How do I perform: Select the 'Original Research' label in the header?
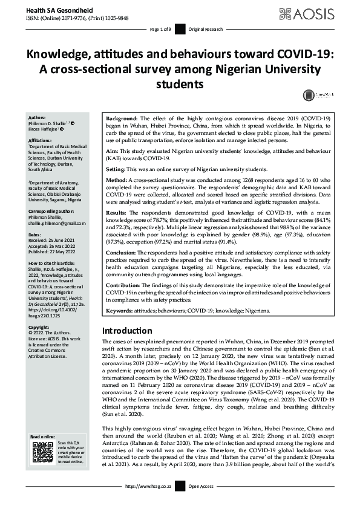tap(205, 30)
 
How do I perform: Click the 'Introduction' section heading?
tap(126, 331)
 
